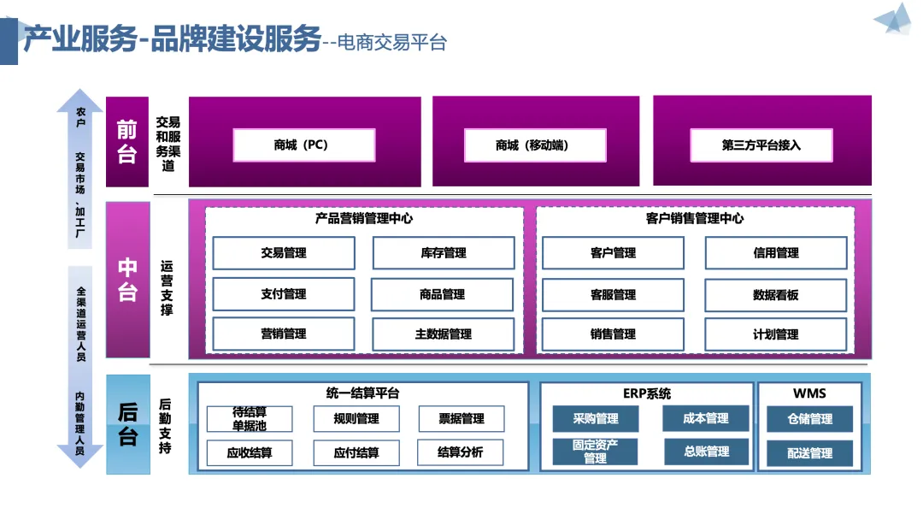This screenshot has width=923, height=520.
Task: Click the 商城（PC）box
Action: click(304, 145)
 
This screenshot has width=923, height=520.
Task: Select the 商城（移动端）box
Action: click(535, 145)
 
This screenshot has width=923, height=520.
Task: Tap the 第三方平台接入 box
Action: click(761, 145)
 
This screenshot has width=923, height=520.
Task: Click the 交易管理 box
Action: click(284, 252)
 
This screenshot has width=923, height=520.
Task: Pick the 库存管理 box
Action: click(444, 252)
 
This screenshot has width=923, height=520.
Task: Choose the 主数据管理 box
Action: click(444, 334)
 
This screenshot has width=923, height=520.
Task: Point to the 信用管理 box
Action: click(776, 252)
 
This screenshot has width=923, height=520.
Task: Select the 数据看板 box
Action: click(776, 295)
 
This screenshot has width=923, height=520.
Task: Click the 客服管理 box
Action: click(613, 295)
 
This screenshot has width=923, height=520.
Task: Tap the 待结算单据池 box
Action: click(250, 419)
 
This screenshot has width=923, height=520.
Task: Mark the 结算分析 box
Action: click(461, 452)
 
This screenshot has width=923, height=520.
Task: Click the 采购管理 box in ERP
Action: click(595, 419)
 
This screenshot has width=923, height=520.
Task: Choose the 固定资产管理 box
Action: click(595, 452)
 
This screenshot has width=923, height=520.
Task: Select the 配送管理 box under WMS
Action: click(809, 453)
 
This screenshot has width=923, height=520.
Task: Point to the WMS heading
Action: click(809, 393)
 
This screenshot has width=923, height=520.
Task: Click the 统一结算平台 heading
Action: click(362, 393)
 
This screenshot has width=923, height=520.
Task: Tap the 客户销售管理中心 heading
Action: click(695, 218)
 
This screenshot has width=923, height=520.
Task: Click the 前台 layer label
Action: click(127, 142)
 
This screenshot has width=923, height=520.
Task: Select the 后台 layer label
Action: click(127, 424)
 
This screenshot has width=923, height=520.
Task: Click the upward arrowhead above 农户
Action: click(79, 100)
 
